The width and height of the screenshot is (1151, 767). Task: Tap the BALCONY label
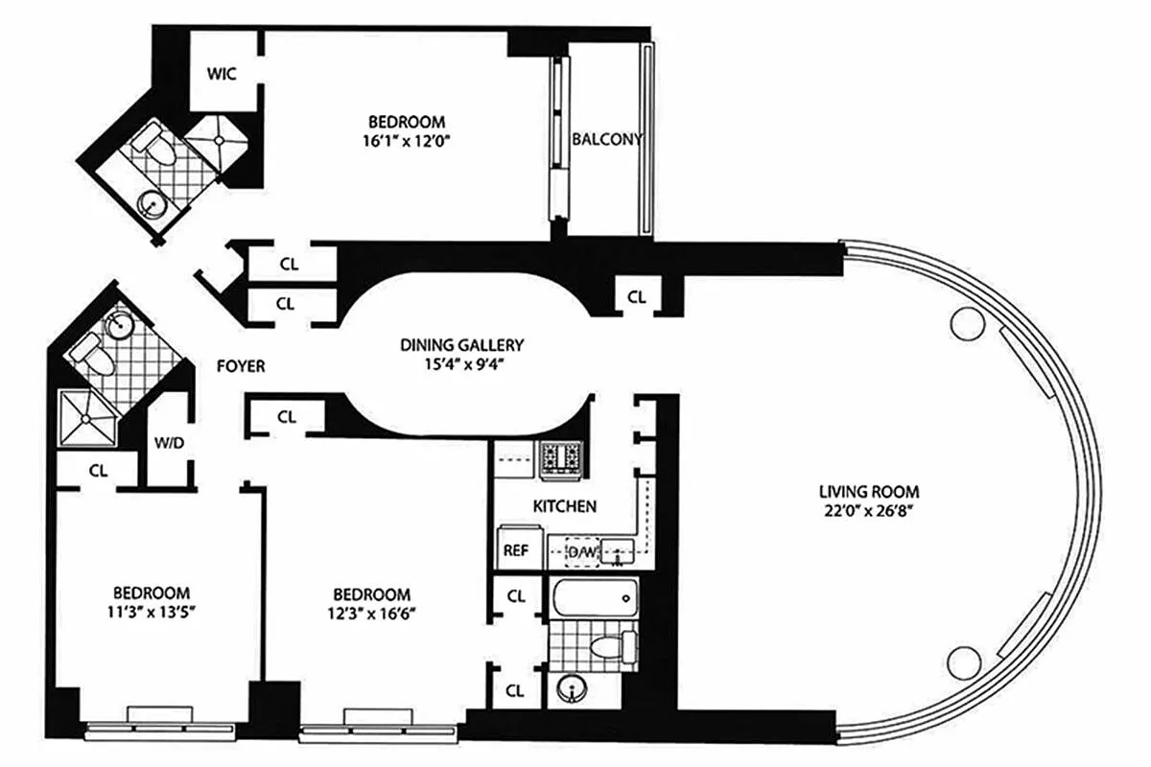(606, 139)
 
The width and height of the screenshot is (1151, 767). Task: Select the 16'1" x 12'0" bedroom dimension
(407, 141)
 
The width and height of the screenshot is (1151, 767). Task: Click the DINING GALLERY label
(462, 345)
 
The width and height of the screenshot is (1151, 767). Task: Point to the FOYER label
(241, 366)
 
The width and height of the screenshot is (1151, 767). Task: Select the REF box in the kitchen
(514, 550)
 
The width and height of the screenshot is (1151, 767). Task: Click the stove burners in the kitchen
(560, 458)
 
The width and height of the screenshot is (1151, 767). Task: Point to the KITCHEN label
(565, 506)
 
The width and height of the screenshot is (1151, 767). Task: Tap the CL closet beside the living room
(637, 297)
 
